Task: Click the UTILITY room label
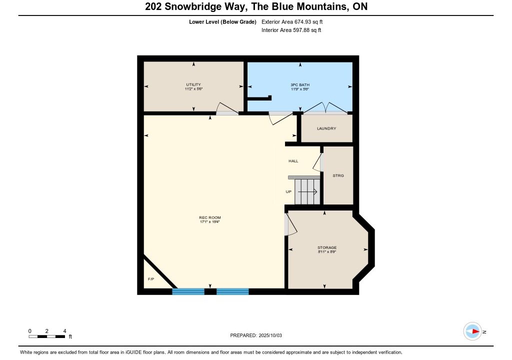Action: click(x=193, y=84)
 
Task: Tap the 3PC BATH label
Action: click(x=300, y=85)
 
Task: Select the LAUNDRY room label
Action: click(x=326, y=128)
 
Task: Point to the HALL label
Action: click(x=293, y=161)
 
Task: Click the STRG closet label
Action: click(x=338, y=176)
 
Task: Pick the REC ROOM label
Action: click(x=210, y=217)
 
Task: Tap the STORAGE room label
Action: click(x=327, y=247)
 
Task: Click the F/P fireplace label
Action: click(x=151, y=279)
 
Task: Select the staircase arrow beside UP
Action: click(x=307, y=192)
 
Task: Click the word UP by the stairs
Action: click(x=288, y=192)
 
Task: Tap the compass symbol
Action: click(x=472, y=331)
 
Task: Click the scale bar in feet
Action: click(x=46, y=336)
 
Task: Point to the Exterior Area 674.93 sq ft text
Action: click(x=292, y=22)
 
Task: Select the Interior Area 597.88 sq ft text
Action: click(x=291, y=30)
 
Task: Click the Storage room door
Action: click(x=290, y=224)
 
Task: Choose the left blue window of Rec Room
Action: click(x=188, y=291)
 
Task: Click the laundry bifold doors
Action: click(x=325, y=108)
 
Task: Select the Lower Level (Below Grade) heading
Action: click(x=222, y=22)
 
